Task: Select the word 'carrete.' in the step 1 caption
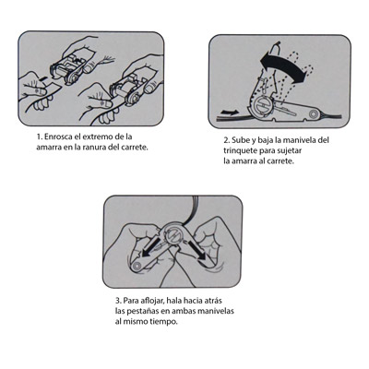tap(134, 147)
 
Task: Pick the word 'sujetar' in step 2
tap(289, 151)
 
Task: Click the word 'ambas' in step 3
tap(183, 311)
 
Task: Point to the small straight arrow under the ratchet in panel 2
tap(229, 112)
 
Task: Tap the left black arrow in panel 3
tap(151, 246)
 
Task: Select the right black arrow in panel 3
tap(196, 248)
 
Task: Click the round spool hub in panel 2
tap(263, 107)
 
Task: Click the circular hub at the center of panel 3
tap(173, 234)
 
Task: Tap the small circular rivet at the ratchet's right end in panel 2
tap(314, 114)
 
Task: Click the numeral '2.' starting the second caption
tap(227, 140)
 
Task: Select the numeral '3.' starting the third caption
tap(118, 301)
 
